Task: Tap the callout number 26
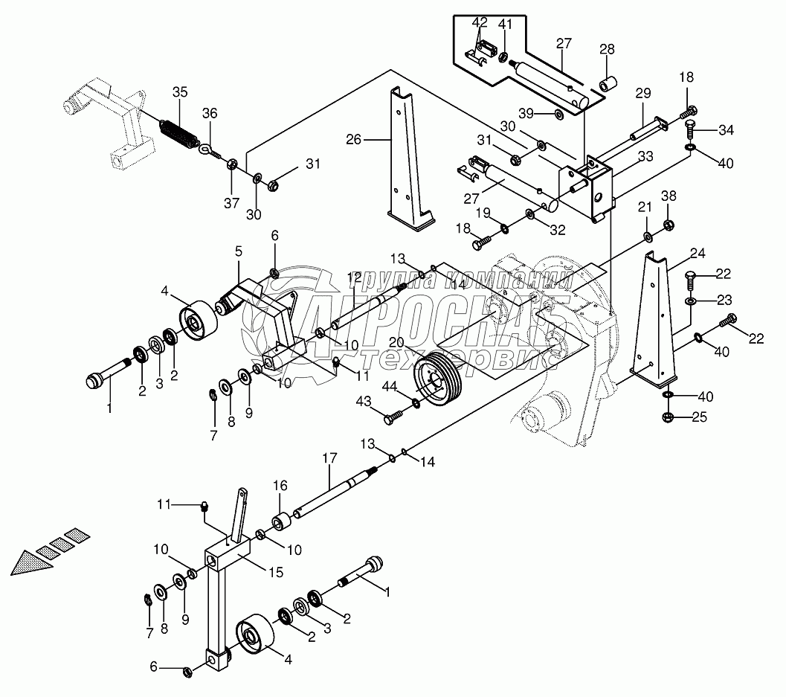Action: click(x=354, y=139)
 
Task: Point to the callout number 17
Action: click(x=329, y=457)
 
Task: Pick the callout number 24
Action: click(x=698, y=254)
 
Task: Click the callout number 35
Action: click(x=180, y=91)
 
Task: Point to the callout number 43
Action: click(x=364, y=401)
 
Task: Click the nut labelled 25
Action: click(x=668, y=417)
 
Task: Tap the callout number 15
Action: click(x=276, y=572)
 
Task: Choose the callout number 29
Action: click(x=643, y=93)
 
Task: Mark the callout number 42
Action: click(x=480, y=22)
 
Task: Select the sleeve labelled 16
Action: click(x=280, y=521)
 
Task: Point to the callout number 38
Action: click(x=669, y=196)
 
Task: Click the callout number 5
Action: click(x=238, y=251)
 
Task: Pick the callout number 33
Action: click(x=645, y=156)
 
